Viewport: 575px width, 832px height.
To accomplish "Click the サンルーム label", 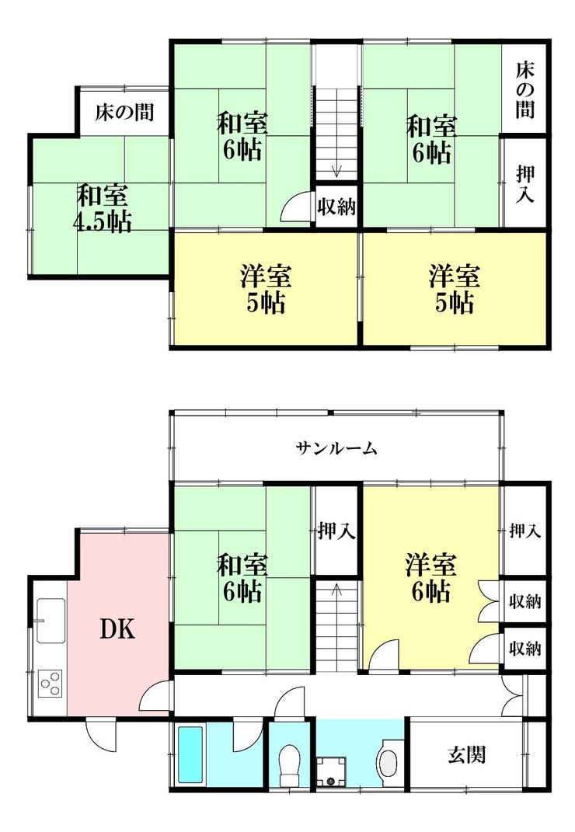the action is click(336, 449).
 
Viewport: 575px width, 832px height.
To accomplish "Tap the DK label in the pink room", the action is click(118, 629).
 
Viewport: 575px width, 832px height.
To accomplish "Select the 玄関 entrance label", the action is click(467, 754).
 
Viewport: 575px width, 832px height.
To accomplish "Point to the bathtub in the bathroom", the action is click(190, 754).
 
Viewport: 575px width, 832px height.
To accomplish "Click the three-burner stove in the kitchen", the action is click(51, 683).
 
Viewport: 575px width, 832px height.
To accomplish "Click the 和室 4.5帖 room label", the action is click(102, 208).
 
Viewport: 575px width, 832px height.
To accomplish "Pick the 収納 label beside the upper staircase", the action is click(336, 207).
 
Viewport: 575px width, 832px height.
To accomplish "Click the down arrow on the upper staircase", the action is click(336, 170).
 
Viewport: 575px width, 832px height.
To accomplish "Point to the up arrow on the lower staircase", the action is click(336, 590).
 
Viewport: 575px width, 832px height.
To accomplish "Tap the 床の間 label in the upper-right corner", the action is click(524, 89).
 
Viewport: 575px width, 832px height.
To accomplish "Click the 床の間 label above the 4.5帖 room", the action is click(124, 113).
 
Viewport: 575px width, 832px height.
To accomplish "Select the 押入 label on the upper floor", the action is click(525, 183).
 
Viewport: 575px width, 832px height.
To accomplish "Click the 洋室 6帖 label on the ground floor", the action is click(430, 577).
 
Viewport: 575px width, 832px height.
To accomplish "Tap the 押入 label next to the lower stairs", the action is click(336, 530).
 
